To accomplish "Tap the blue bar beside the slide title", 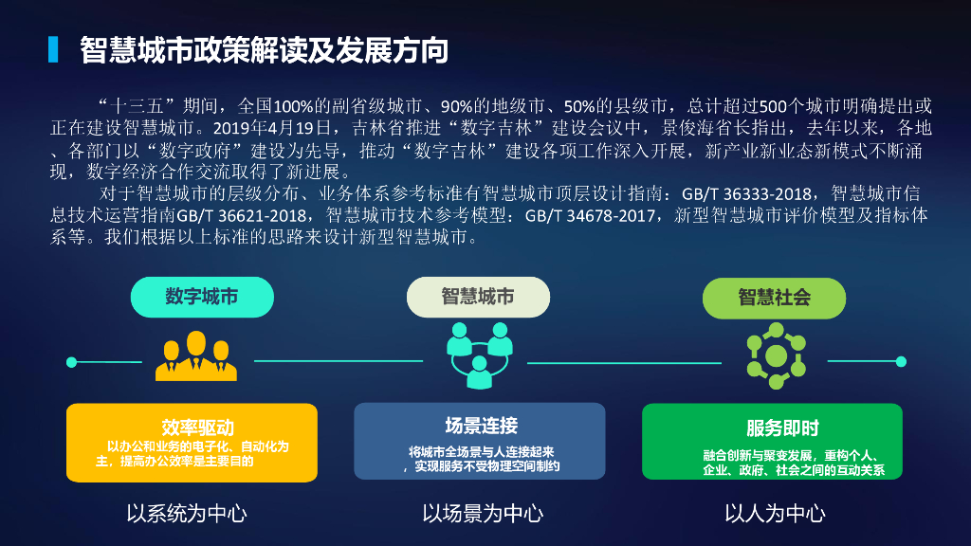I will tap(54, 50).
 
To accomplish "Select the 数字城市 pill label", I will tap(201, 297).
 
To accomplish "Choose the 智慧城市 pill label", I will tap(478, 297).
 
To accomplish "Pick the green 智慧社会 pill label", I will tap(774, 297).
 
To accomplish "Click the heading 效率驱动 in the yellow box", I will tap(197, 427).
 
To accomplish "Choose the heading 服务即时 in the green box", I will tap(782, 428).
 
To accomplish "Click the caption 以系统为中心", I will tap(187, 514).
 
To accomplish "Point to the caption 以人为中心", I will tap(775, 514).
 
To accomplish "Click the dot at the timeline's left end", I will tap(71, 361).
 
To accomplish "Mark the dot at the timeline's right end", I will tap(901, 361).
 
